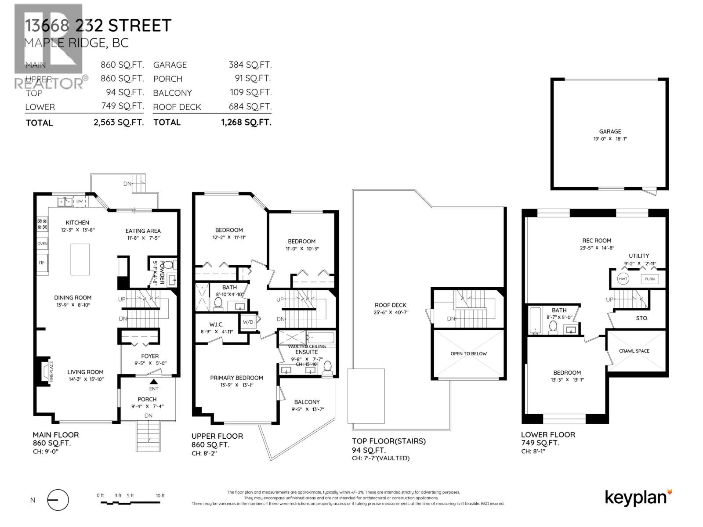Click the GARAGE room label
click(x=610, y=131)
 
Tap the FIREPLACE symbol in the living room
click(x=45, y=372)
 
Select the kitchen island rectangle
click(x=80, y=259)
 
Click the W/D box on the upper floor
click(x=248, y=322)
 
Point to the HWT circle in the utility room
click(x=623, y=279)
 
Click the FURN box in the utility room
click(x=649, y=279)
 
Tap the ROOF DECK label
click(x=390, y=305)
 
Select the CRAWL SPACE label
click(x=634, y=351)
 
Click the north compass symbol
click(x=58, y=500)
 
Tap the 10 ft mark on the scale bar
click(x=160, y=496)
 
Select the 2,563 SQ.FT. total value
click(x=119, y=123)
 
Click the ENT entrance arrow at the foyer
click(x=153, y=383)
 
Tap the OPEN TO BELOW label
click(x=468, y=354)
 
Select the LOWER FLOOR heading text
click(x=548, y=435)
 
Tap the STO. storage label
click(x=642, y=318)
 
